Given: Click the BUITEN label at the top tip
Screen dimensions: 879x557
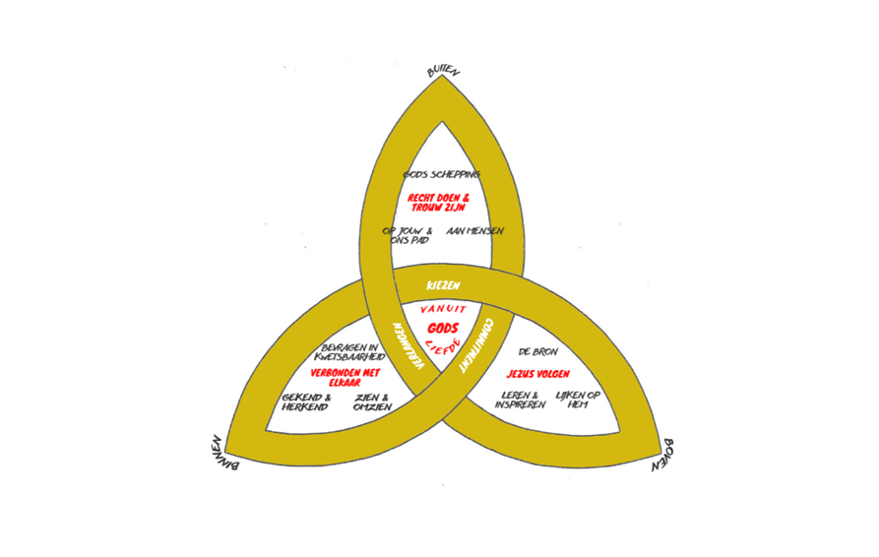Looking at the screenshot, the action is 444,71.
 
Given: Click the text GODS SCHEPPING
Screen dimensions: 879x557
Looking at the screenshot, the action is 442,174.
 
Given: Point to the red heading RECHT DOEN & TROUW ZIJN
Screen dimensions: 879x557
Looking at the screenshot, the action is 439,203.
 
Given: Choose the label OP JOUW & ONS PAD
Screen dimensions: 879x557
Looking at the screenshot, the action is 408,235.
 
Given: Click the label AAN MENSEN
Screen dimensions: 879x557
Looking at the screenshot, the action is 474,231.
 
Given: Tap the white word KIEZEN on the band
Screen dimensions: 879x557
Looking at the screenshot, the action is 443,285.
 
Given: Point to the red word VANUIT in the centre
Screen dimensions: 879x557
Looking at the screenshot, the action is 443,309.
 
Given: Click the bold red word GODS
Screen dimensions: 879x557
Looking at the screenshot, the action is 443,328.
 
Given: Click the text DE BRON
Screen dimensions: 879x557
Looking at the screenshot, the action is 538,351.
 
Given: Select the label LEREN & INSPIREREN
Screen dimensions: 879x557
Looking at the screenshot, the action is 520,401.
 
